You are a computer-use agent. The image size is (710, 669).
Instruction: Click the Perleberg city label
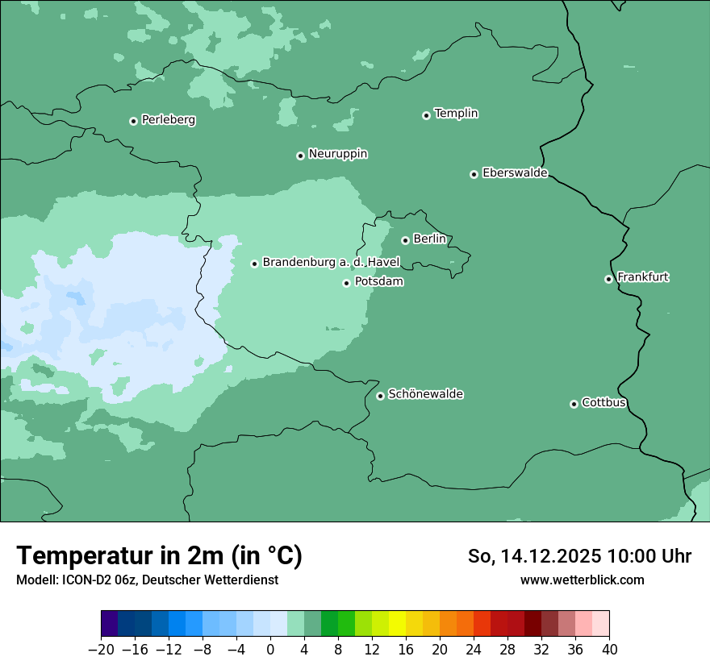[x=168, y=120]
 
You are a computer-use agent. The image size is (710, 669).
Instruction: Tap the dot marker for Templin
[x=426, y=115]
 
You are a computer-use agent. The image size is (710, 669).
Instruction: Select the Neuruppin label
[x=337, y=154]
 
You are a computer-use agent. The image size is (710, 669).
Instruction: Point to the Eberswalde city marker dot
[x=474, y=174]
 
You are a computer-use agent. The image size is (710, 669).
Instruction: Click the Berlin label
[x=429, y=239]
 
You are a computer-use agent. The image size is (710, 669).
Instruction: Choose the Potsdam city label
[x=378, y=282]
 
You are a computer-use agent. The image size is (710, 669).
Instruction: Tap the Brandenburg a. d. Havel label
[x=331, y=263]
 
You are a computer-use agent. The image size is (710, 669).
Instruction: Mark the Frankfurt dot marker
[x=609, y=279]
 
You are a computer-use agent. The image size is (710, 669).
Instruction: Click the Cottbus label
[x=603, y=402]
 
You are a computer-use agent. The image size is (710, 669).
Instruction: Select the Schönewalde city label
[x=425, y=394]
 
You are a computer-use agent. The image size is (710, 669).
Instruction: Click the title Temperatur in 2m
[x=159, y=556]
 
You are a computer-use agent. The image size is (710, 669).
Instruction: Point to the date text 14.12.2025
[x=550, y=556]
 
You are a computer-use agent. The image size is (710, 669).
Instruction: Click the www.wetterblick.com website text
[x=582, y=580]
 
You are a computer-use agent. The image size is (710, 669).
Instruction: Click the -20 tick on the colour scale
[x=101, y=650]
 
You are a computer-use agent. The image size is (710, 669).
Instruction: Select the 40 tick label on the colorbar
[x=609, y=650]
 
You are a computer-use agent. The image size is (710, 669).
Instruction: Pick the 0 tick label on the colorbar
[x=270, y=650]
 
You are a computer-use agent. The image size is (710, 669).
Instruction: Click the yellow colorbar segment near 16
[x=397, y=624]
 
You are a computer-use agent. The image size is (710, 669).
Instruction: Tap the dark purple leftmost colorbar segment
[x=109, y=624]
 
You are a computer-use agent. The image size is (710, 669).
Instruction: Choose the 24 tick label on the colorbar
[x=474, y=650]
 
